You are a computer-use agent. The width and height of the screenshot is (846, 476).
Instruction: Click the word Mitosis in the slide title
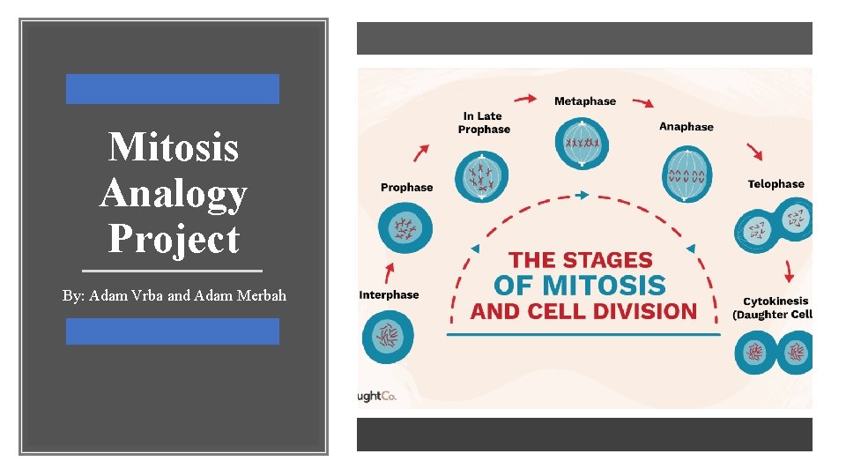click(x=173, y=146)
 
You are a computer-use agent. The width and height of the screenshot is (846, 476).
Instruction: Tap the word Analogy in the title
click(x=173, y=193)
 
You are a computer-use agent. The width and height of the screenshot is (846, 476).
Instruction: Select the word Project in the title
click(x=174, y=239)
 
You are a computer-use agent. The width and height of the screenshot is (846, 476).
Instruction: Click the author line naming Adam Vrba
click(x=174, y=295)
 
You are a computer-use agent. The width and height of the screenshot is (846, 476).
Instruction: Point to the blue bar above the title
click(x=173, y=89)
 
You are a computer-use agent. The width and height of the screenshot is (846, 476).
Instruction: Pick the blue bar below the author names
click(x=173, y=331)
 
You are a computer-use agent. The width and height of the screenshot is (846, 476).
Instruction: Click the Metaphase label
click(x=585, y=101)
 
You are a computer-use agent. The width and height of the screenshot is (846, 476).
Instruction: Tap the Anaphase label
click(x=686, y=127)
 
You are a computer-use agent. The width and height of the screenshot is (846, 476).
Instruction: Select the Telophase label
click(x=775, y=184)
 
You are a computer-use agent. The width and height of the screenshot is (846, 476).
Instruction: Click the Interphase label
click(x=389, y=294)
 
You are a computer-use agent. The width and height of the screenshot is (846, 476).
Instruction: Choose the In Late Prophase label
click(x=484, y=123)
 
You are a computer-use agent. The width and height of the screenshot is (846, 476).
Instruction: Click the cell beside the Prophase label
click(x=405, y=226)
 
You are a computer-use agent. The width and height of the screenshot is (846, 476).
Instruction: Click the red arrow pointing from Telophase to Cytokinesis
click(x=789, y=269)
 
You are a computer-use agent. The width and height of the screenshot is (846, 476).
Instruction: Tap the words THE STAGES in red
click(x=581, y=260)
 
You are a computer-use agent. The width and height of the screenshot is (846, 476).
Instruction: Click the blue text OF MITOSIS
click(x=579, y=285)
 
